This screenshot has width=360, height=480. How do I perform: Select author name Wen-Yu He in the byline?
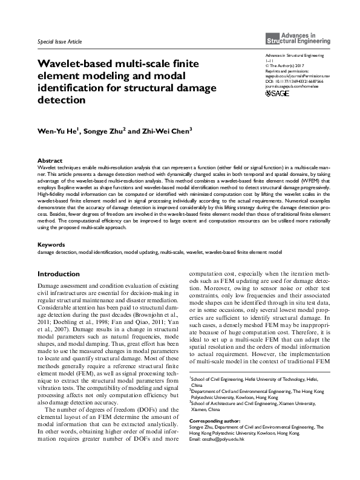[x=57, y=131]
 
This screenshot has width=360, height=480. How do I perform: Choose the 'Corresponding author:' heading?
[x=211, y=421]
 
